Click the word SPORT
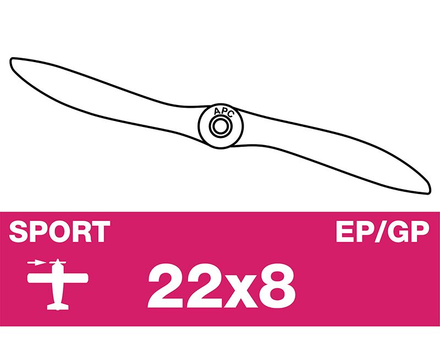pos(59,231)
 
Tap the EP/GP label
pos(383,231)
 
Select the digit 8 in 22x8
pos(277,286)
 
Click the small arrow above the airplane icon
pos(36,263)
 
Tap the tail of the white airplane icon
pos(58,307)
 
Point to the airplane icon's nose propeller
pos(58,262)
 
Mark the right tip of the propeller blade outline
pos(429,192)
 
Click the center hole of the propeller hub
pos(221,126)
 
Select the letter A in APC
pos(217,112)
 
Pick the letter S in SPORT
pos(19,231)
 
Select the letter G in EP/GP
pos(401,231)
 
